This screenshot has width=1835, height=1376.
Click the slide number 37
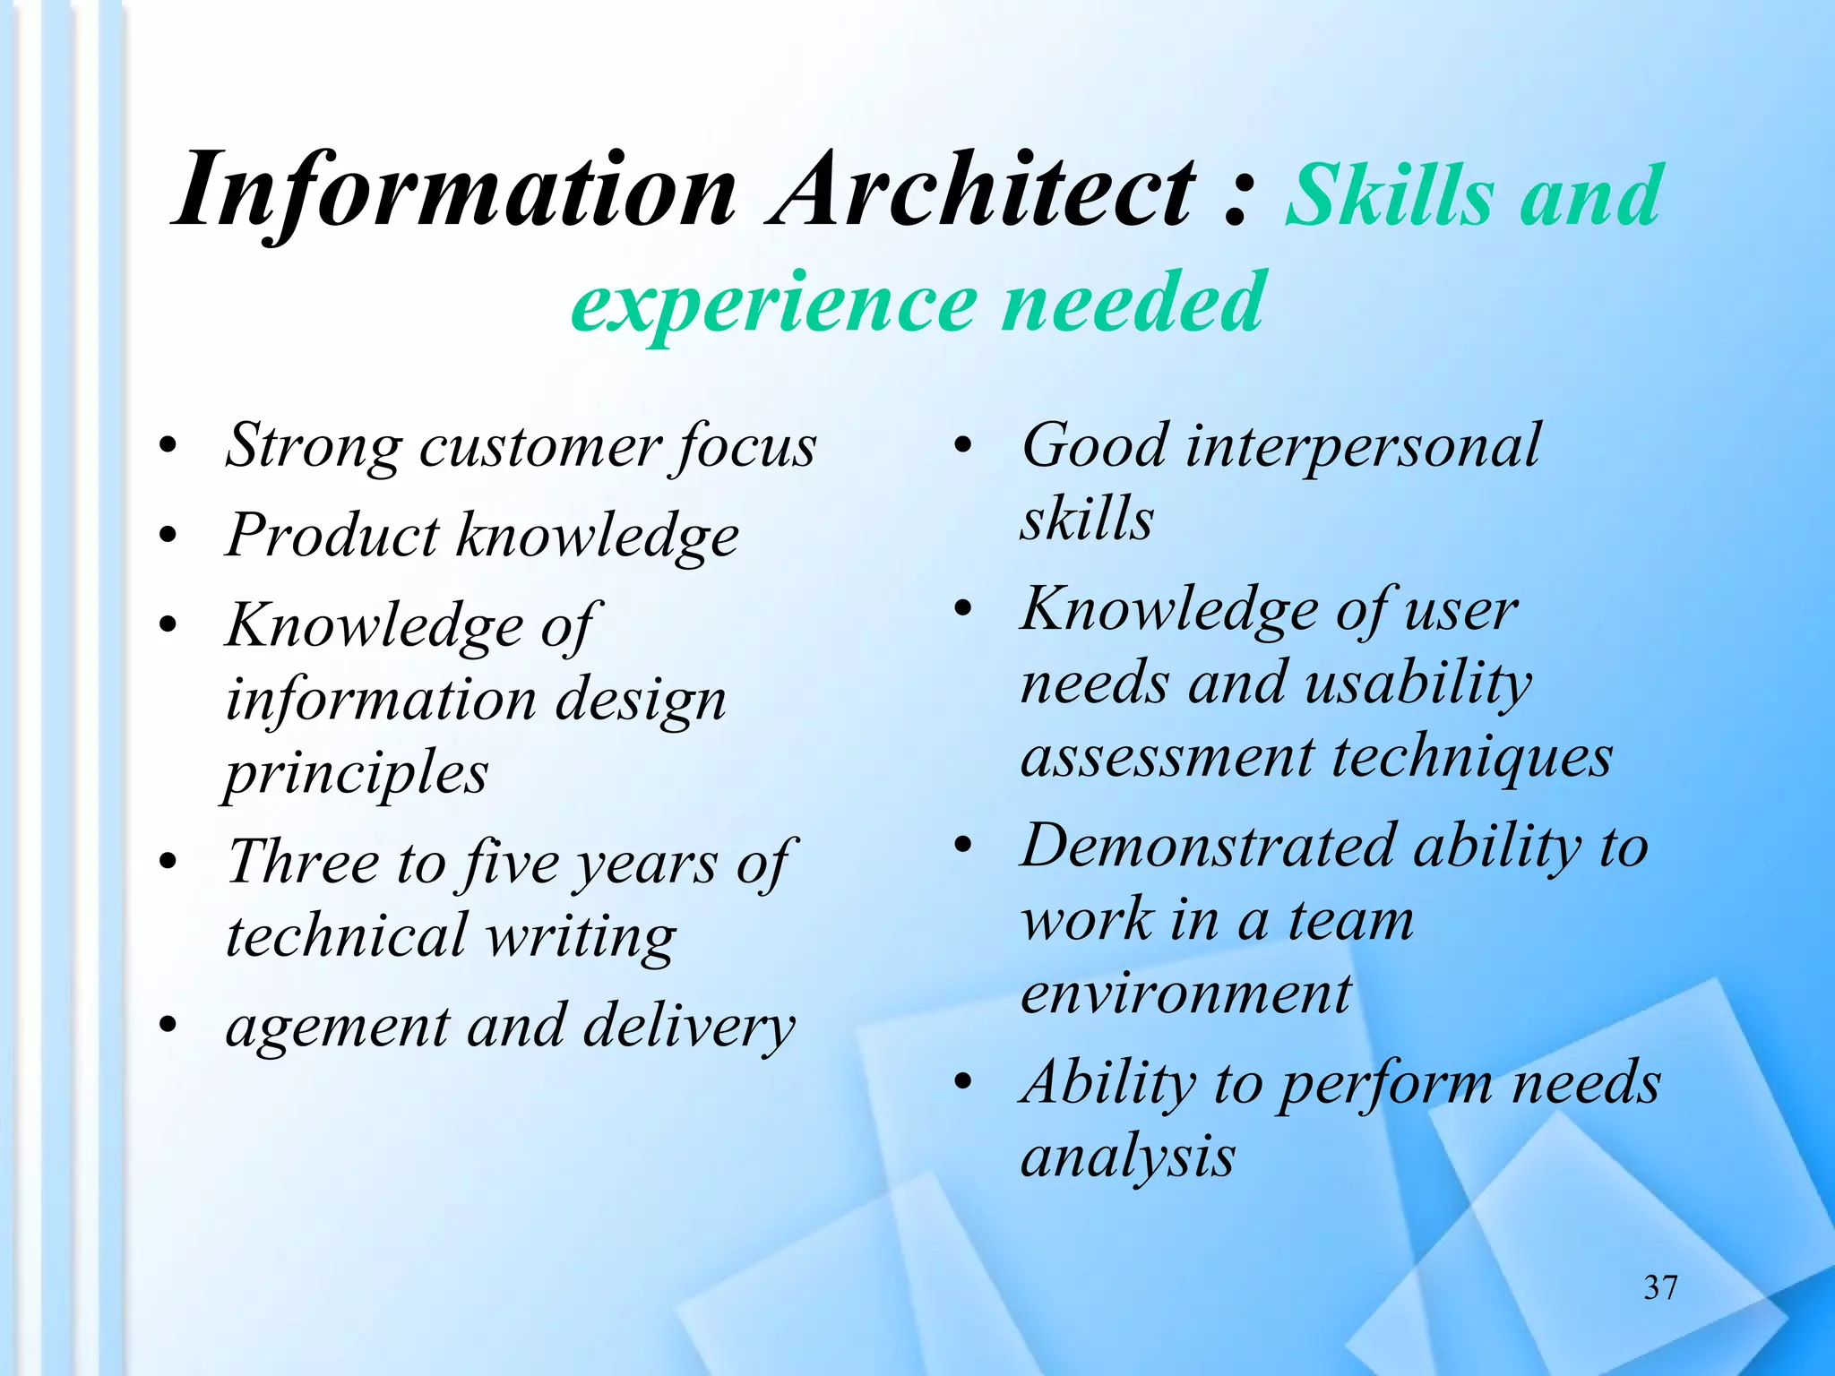[1660, 1287]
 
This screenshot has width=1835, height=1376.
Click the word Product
[332, 536]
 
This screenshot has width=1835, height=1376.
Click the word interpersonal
[1362, 446]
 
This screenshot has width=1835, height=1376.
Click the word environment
[1185, 994]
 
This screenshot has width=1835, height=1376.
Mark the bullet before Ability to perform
[963, 1084]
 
